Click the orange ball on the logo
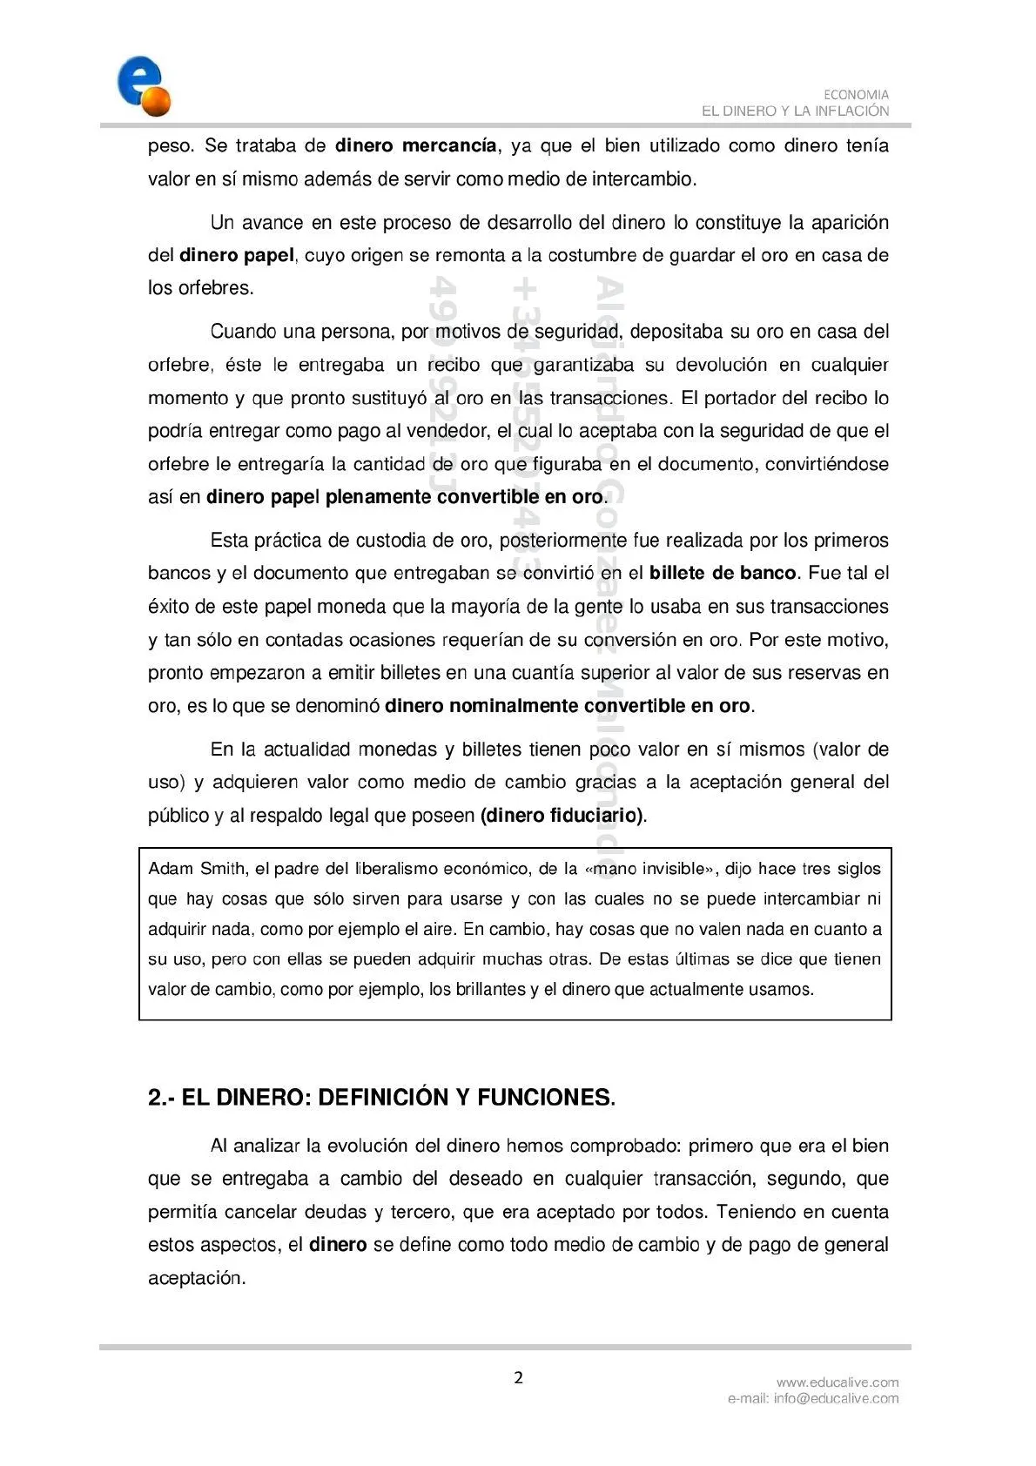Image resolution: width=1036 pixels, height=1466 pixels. (158, 103)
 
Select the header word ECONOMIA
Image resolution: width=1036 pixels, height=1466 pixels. (856, 95)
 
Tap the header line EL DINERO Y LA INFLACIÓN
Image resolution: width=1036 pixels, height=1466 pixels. (795, 111)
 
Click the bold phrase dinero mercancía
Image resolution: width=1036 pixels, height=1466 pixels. (415, 145)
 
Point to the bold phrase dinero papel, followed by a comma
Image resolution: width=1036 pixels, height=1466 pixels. (237, 255)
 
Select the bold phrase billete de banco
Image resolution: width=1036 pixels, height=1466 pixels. (723, 573)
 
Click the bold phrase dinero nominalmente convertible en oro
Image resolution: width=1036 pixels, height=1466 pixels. (567, 706)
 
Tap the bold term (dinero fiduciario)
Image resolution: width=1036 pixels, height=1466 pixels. (562, 816)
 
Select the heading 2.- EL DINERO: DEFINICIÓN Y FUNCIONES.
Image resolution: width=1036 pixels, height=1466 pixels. (381, 1098)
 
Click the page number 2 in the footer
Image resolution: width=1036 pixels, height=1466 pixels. (519, 1377)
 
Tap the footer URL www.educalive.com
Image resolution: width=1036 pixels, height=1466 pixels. (838, 1382)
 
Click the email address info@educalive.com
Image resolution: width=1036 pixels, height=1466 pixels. (836, 1398)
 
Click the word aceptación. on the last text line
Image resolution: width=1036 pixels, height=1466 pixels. (197, 1278)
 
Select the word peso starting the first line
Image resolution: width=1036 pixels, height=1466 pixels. (170, 145)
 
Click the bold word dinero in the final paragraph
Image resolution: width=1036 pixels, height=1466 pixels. (338, 1245)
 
